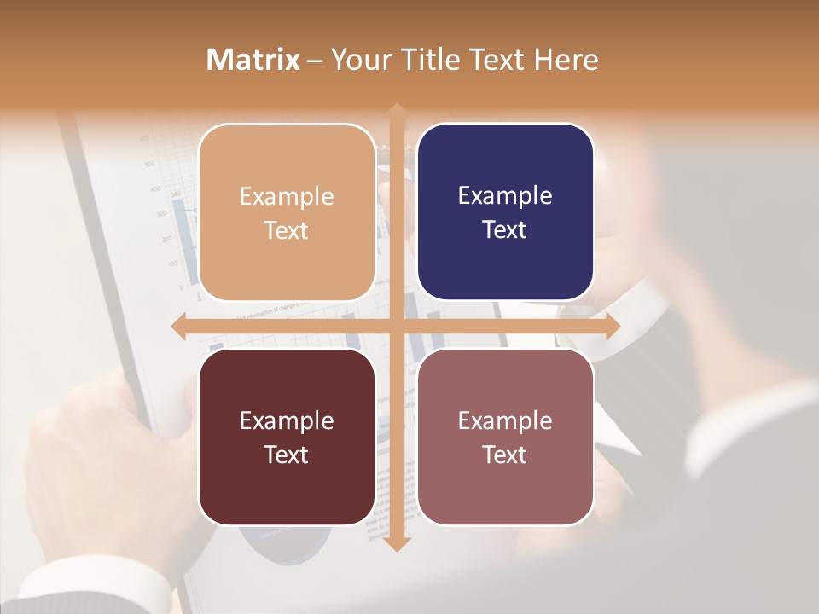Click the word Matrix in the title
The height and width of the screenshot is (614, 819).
tap(253, 60)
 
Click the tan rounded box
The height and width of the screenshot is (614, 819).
tap(287, 212)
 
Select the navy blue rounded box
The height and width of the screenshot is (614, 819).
tap(505, 212)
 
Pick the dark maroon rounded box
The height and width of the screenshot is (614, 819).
tap(287, 437)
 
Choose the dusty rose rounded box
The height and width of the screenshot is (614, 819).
tap(505, 437)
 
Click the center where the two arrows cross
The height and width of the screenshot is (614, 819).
tap(396, 327)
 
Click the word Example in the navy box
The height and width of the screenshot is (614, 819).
tap(505, 196)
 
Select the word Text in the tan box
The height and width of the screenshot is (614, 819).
tap(287, 230)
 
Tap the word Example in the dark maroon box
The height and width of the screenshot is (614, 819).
tap(287, 420)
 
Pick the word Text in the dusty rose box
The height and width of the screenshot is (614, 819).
tap(505, 455)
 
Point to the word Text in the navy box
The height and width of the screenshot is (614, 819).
tap(505, 230)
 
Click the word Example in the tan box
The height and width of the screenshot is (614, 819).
tap(287, 196)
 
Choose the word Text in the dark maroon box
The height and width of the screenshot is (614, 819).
tap(287, 455)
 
